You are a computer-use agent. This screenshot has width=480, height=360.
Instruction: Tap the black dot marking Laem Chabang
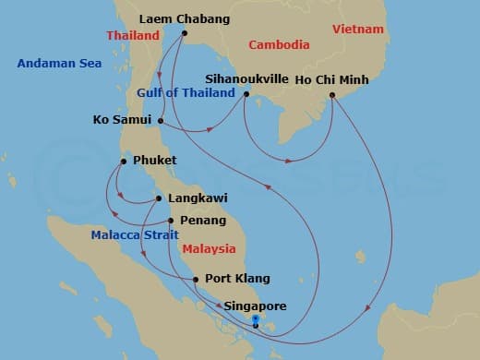[x=185, y=34]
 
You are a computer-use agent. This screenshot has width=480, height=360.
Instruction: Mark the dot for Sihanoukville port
[x=245, y=92]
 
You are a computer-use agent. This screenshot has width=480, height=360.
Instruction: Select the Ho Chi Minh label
[x=331, y=80]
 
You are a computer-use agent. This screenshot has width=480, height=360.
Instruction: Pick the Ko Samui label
[x=124, y=120]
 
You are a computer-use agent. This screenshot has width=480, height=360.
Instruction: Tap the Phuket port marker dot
[x=122, y=162]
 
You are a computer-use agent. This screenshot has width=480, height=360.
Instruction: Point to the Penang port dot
[x=171, y=221]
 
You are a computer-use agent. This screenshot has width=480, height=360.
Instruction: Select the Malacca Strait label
[x=129, y=235]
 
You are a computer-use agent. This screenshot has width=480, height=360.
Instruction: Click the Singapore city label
[x=255, y=306]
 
